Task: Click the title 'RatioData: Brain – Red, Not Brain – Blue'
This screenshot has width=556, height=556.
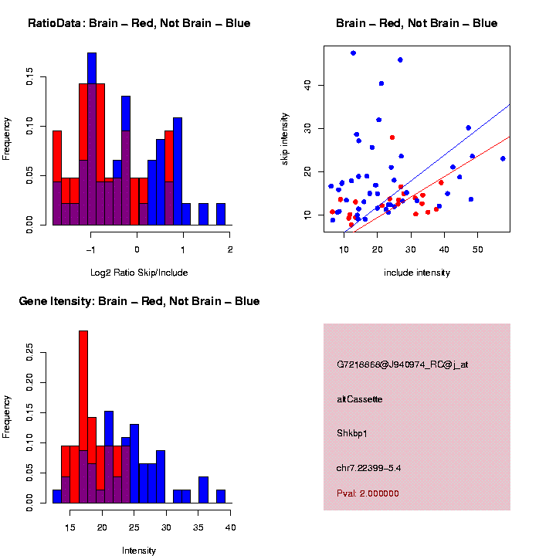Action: pyautogui.click(x=139, y=23)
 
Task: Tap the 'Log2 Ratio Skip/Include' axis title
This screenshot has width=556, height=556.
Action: pyautogui.click(x=139, y=272)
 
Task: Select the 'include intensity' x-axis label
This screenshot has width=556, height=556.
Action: pyautogui.click(x=417, y=272)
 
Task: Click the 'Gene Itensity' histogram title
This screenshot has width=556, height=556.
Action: pyautogui.click(x=139, y=301)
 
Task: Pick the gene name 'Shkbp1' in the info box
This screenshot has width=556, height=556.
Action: pyautogui.click(x=352, y=433)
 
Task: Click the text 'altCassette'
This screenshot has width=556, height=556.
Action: pyautogui.click(x=360, y=399)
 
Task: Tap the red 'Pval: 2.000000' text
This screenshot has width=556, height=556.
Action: pyautogui.click(x=368, y=493)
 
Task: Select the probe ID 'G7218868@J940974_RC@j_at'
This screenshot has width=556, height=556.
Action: pyautogui.click(x=402, y=364)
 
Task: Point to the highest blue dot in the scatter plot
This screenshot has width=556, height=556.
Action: pyautogui.click(x=353, y=53)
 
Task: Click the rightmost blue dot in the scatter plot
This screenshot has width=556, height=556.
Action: pyautogui.click(x=503, y=158)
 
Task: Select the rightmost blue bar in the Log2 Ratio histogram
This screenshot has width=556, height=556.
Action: pyautogui.click(x=221, y=214)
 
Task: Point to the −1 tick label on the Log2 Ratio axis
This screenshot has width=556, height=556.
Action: pyautogui.click(x=90, y=249)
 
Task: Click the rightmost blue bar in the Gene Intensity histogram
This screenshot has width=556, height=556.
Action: pyautogui.click(x=221, y=496)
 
